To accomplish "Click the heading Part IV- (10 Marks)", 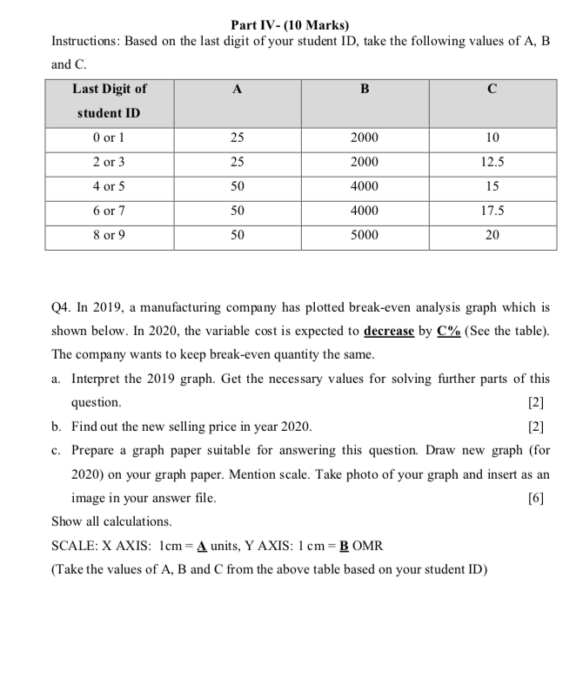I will point(291,25).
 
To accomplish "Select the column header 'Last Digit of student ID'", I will point(110,101).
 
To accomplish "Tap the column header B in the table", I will point(365,88).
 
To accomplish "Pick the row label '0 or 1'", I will point(110,138).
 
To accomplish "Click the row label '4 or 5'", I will point(110,186).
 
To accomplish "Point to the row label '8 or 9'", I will point(110,235).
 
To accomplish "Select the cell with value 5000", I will point(365,235).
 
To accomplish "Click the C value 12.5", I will point(493,162).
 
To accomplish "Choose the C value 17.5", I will point(493,211).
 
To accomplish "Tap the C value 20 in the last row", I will point(493,235).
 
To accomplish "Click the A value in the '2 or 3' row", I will point(237,162).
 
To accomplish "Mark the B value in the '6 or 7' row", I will point(365,211).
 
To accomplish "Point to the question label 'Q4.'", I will point(64,308).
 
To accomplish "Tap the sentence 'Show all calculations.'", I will point(111,521).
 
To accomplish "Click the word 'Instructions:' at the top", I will point(87,42).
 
